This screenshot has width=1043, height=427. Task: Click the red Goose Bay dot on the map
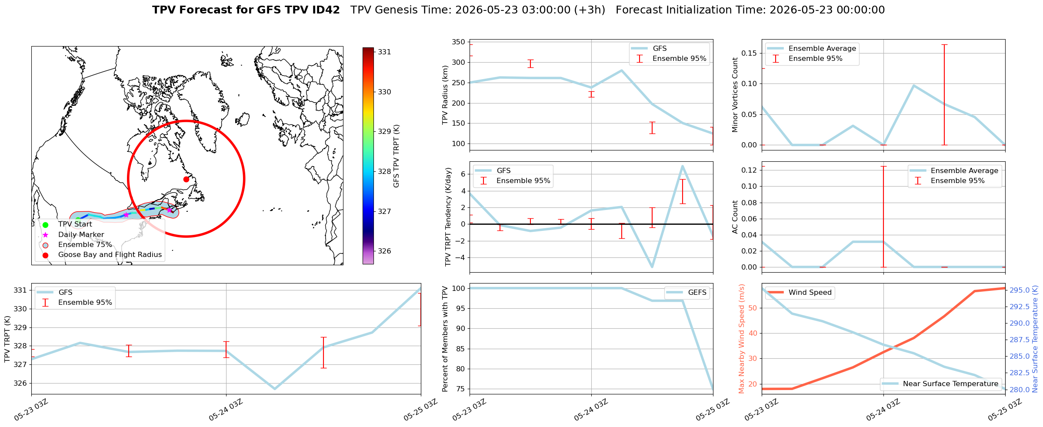pos(186,179)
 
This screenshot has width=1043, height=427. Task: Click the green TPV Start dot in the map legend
pos(45,224)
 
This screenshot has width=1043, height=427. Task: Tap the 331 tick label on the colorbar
pos(384,52)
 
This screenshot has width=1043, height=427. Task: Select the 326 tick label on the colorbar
pos(384,251)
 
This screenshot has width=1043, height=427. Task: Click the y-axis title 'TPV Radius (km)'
pos(445,95)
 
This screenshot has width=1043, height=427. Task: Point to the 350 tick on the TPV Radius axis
pos(459,42)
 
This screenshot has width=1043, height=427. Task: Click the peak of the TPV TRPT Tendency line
pos(683,166)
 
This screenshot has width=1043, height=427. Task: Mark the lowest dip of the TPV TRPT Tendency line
pos(652,267)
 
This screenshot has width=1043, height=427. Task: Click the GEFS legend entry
pos(687,293)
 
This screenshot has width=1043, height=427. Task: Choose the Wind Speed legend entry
pos(800,293)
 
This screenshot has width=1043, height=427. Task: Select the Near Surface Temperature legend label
pos(951,384)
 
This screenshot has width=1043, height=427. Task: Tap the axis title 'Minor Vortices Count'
pos(735,95)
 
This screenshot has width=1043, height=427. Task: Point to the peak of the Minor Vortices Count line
pos(914,86)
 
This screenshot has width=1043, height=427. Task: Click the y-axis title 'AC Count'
pos(735,217)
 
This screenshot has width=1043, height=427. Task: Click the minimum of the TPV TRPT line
pos(275,389)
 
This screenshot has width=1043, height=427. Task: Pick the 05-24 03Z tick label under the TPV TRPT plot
pos(225,410)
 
